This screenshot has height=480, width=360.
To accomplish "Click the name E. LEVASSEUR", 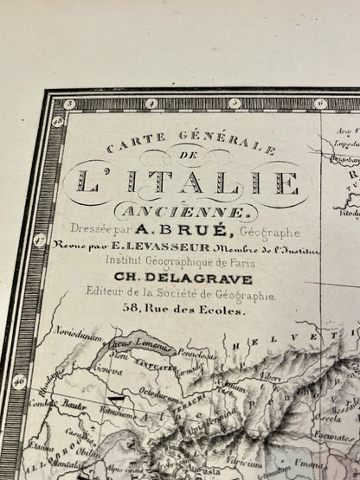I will [205, 252].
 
